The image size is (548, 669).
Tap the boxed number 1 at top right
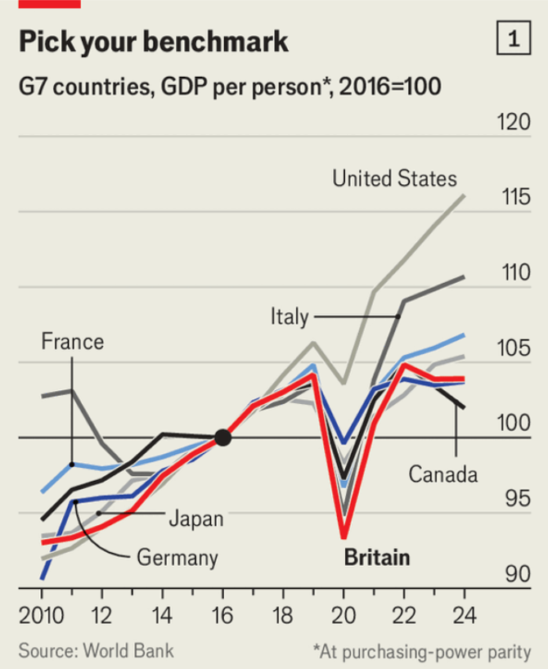(x=514, y=38)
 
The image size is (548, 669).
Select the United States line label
(x=394, y=178)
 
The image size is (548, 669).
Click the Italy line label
(x=289, y=317)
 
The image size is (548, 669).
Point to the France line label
(x=73, y=341)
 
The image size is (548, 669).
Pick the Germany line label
(x=177, y=559)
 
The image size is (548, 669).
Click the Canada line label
(x=442, y=474)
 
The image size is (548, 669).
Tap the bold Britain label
(x=376, y=559)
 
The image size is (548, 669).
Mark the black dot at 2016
(x=222, y=438)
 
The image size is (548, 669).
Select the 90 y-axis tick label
(x=517, y=575)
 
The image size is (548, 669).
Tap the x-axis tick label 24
(x=464, y=615)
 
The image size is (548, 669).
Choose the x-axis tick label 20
(x=343, y=615)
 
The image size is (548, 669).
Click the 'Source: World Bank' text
(x=96, y=651)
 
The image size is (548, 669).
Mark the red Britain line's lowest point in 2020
(x=344, y=537)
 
